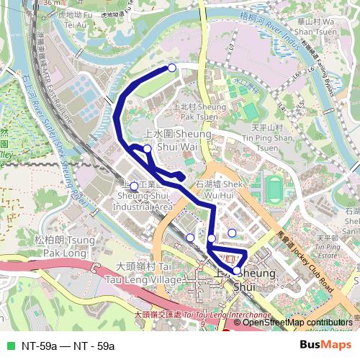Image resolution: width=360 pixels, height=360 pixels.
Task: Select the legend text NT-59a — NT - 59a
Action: pos(68,346)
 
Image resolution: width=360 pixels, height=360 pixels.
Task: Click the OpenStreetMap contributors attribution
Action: pos(297,322)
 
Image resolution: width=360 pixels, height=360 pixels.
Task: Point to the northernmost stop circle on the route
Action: pos(171,68)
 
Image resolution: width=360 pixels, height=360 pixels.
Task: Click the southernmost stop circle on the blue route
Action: pos(236,271)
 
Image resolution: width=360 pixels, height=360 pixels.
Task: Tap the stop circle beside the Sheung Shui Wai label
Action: pos(147,149)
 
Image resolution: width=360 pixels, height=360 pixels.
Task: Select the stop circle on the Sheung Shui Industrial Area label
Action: pos(134,186)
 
